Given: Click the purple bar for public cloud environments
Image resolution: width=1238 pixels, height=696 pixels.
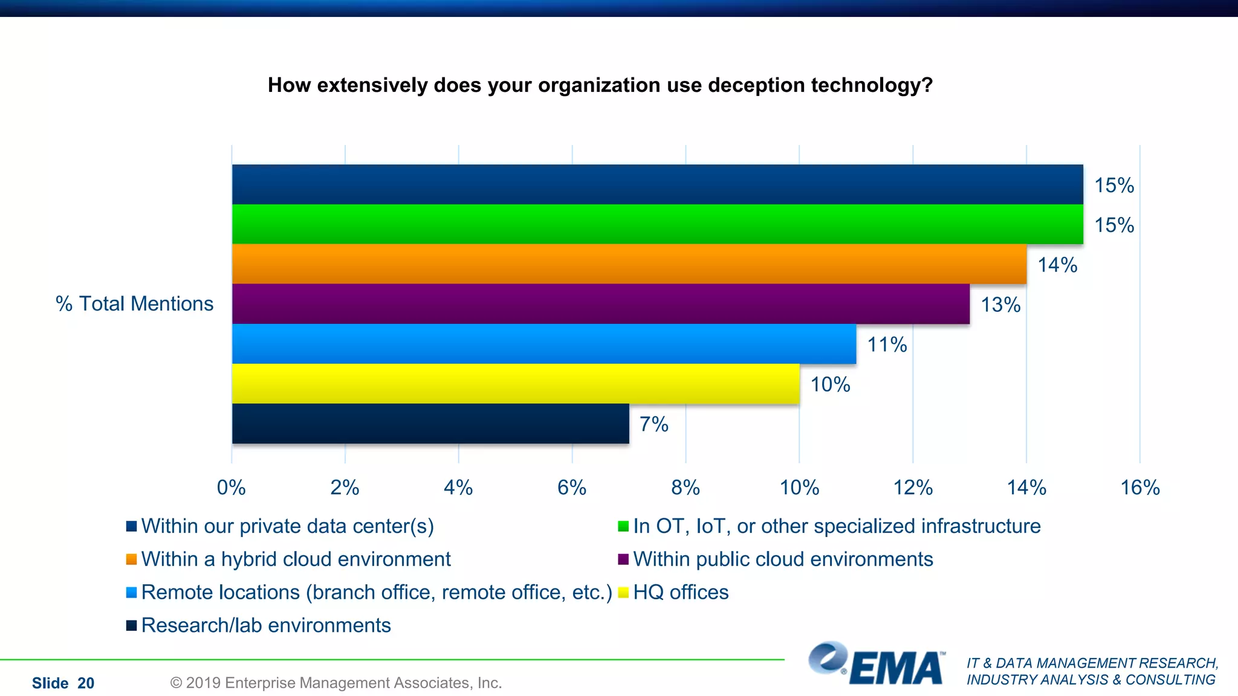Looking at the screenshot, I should click(601, 304).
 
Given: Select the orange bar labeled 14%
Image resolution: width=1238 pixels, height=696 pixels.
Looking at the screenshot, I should click(629, 264).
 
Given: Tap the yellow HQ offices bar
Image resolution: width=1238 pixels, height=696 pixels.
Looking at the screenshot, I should click(516, 384).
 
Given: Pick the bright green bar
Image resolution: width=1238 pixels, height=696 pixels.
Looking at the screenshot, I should click(657, 224).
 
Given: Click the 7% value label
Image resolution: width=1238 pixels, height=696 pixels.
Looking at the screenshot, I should click(654, 424).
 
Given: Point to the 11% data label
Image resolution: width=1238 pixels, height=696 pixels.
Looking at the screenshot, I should click(887, 344).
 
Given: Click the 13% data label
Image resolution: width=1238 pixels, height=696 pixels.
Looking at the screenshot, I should click(1000, 304).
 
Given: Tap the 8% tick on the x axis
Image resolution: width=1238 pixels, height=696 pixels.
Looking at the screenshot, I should click(685, 487).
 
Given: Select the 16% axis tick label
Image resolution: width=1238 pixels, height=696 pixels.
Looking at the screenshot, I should click(1140, 487).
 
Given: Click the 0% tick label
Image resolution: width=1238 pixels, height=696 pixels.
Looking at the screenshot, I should click(232, 487).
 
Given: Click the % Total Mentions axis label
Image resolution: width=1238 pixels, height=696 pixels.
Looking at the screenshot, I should click(134, 303).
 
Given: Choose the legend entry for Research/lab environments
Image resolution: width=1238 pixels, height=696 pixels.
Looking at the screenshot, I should click(265, 625).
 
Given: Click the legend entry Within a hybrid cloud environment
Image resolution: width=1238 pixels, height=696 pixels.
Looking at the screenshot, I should click(296, 559).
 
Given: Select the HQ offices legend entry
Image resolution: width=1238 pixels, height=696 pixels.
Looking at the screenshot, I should click(681, 592).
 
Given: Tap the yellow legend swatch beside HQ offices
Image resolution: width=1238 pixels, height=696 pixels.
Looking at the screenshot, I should click(623, 593).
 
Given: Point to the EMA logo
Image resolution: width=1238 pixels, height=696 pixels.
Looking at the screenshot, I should click(877, 664).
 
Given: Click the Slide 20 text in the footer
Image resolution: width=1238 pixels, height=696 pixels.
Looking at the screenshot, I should click(63, 683).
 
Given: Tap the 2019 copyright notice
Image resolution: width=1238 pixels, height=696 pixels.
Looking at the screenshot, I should click(336, 683).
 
